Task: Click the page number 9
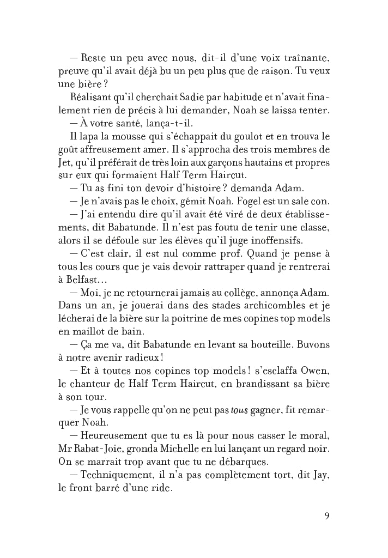pos(326,515)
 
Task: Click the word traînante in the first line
pos(305,58)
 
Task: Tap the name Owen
pos(315,371)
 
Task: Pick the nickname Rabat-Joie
pos(100,449)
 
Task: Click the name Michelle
pos(178,449)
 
